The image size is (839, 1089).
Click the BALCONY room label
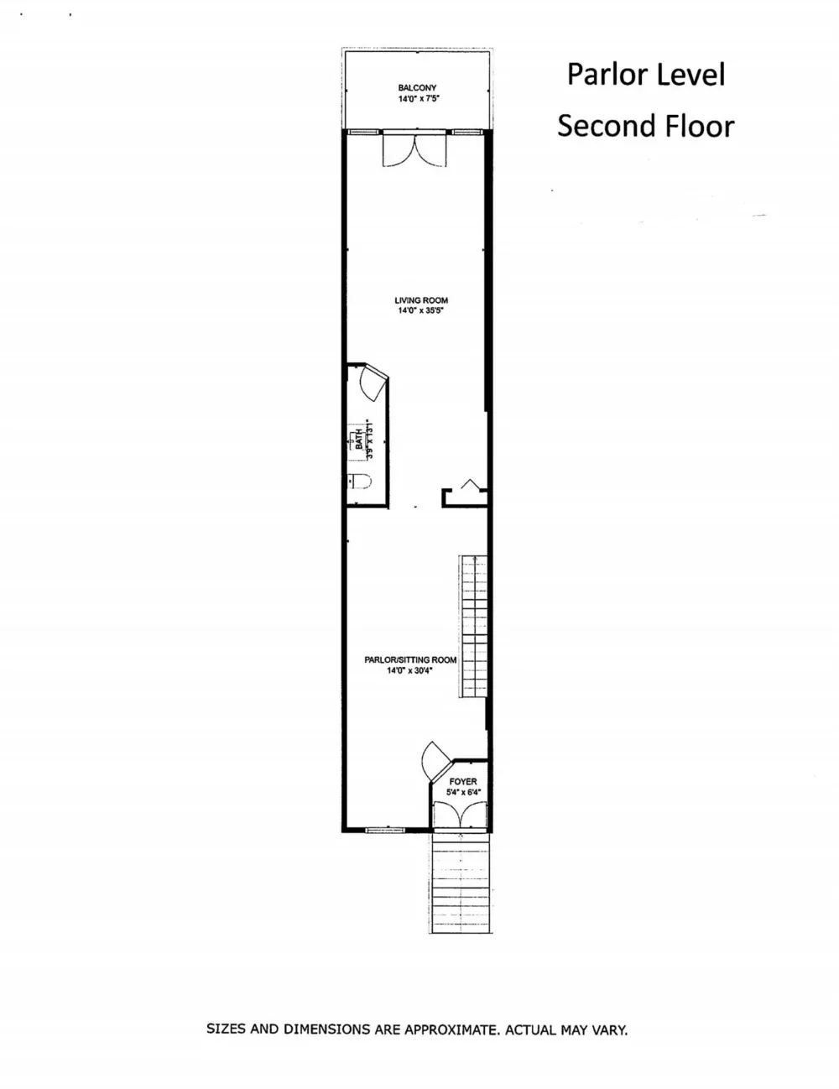pos(417,88)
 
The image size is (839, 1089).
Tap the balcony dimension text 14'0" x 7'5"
pos(419,99)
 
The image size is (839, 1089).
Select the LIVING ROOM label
pos(421,300)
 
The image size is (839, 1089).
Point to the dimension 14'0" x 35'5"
pos(421,310)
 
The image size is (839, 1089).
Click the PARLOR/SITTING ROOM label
pos(410,660)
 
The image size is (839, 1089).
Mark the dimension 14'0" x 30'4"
pos(409,670)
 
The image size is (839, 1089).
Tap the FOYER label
pos(462,782)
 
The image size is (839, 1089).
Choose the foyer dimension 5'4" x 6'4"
pos(464,792)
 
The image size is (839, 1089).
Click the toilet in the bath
pos(359,482)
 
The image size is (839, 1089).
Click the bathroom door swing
pos(373,383)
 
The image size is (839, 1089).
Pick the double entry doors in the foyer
pos(460,815)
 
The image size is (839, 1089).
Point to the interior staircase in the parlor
pos(474,626)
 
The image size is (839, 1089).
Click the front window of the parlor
pos(385,831)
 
